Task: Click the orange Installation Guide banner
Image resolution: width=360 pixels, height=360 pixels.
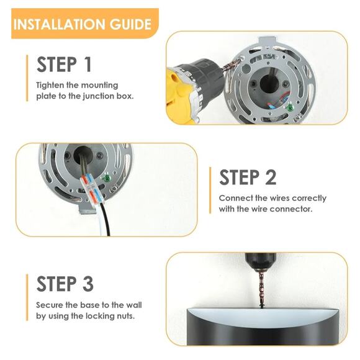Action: point(85,24)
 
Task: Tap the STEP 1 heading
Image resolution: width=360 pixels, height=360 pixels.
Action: point(64,65)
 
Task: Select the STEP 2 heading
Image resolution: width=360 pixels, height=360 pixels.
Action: point(248,177)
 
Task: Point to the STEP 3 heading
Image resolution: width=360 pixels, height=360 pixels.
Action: point(65,284)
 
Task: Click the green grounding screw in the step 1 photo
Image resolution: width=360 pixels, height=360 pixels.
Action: point(290,107)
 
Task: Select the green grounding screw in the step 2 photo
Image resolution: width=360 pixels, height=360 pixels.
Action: point(106,178)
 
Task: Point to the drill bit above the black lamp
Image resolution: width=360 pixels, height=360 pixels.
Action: point(261,289)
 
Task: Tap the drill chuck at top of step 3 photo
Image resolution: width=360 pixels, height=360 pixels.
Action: point(260,262)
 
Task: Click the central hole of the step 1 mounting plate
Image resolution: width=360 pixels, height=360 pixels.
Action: point(269,83)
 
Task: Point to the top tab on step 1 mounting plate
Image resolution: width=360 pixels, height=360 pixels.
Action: point(268,42)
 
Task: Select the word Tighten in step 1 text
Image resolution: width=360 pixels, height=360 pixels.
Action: point(50,86)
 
